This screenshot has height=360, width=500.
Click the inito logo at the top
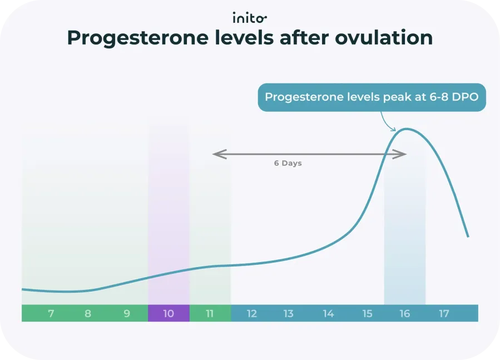click(x=250, y=17)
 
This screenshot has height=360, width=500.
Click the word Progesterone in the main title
click(x=129, y=38)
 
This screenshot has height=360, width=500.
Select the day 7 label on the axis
click(x=51, y=314)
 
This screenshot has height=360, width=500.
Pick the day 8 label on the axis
click(x=88, y=314)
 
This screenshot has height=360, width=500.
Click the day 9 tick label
click(x=127, y=314)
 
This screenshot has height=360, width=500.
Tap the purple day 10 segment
click(x=169, y=314)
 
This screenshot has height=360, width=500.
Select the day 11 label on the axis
click(x=210, y=314)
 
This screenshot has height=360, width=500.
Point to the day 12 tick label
click(x=252, y=314)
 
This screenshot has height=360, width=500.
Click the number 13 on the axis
click(x=288, y=314)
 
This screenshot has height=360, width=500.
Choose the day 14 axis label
click(x=328, y=314)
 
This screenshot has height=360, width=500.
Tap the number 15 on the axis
click(x=367, y=314)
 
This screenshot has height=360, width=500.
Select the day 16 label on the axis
click(x=404, y=314)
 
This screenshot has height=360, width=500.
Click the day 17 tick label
click(x=444, y=314)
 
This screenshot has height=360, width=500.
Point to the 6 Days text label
click(x=288, y=164)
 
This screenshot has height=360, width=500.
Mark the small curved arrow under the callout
click(x=387, y=122)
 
